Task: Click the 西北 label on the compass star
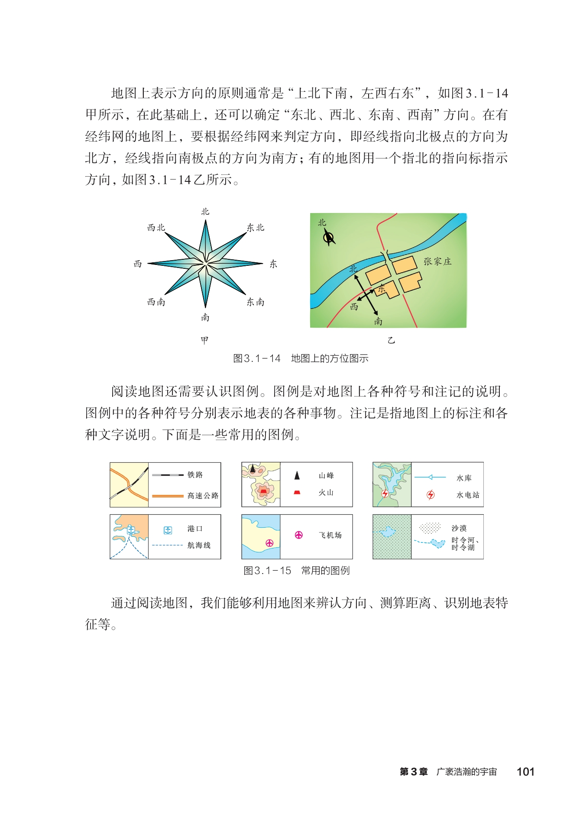pyautogui.click(x=156, y=228)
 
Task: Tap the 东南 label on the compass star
pyautogui.click(x=255, y=302)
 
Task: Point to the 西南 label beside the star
pyautogui.click(x=156, y=302)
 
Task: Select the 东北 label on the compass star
pyautogui.click(x=255, y=228)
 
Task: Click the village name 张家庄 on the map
pyautogui.click(x=437, y=261)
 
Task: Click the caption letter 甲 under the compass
pyautogui.click(x=204, y=340)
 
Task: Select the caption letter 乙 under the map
pyautogui.click(x=391, y=340)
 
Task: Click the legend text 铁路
pyautogui.click(x=195, y=475)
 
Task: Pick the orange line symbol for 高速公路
pyautogui.click(x=168, y=496)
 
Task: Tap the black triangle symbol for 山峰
pyautogui.click(x=297, y=476)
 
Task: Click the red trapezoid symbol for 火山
pyautogui.click(x=297, y=492)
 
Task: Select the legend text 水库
pyautogui.click(x=464, y=478)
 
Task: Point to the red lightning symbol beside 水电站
pyautogui.click(x=430, y=495)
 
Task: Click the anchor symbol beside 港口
pyautogui.click(x=168, y=530)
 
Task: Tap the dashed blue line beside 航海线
pyautogui.click(x=168, y=545)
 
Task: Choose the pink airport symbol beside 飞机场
pyautogui.click(x=298, y=535)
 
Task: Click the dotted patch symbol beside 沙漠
pyautogui.click(x=430, y=528)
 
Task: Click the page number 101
pyautogui.click(x=525, y=772)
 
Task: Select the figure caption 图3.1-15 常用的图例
pyautogui.click(x=296, y=571)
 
